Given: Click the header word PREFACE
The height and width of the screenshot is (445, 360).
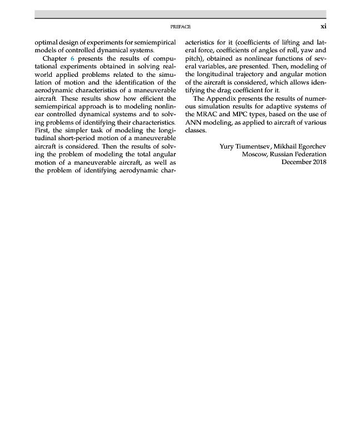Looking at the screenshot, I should point(181,26).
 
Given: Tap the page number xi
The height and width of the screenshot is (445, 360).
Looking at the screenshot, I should point(323,26).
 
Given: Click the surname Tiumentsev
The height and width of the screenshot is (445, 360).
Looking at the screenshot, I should point(251,147).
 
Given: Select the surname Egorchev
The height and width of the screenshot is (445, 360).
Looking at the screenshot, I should point(310,147).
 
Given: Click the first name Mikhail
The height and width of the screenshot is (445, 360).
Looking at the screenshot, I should point(283,147).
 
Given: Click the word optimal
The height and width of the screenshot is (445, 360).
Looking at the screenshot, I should point(46,42).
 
